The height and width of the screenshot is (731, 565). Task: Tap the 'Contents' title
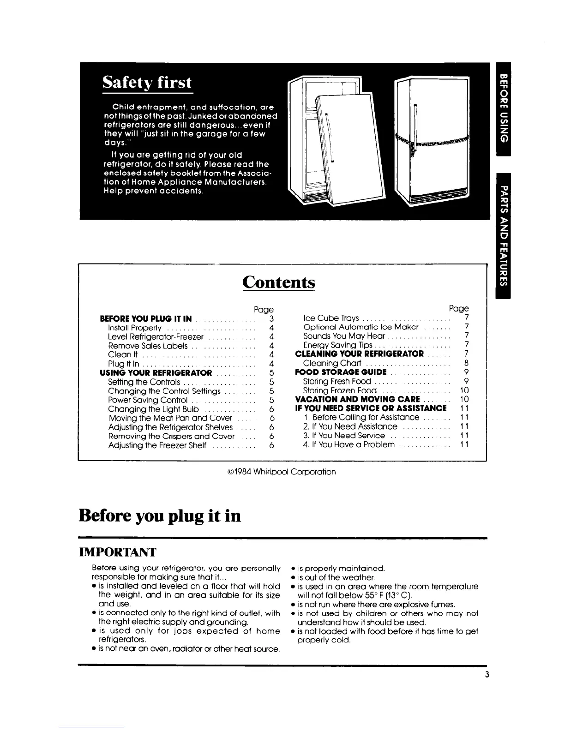point(278,282)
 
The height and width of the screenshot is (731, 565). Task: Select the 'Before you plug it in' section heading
point(160,515)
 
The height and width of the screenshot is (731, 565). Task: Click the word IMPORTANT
point(118,552)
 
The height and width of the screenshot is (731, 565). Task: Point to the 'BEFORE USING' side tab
point(503,109)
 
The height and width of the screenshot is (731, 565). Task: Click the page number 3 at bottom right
point(487,674)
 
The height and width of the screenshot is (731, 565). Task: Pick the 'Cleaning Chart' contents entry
point(331,363)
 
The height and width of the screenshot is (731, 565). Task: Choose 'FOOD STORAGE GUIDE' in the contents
point(341,372)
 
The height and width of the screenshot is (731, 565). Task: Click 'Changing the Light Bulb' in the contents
point(153,409)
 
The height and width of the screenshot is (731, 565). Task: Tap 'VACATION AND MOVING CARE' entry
point(357,399)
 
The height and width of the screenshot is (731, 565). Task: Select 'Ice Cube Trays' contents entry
point(331,318)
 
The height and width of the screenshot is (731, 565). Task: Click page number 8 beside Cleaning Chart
point(467,363)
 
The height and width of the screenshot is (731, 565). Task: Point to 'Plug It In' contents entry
point(123,364)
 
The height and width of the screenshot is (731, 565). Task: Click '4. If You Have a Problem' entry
point(349,444)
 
